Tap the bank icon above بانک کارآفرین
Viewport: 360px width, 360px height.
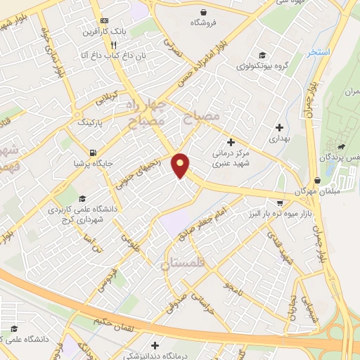pyautogui.click(x=104, y=20)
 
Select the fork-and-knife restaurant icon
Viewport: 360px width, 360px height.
pyautogui.click(x=113, y=44)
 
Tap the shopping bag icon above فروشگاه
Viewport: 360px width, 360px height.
pyautogui.click(x=204, y=12)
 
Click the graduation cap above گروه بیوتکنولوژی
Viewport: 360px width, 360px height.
pyautogui.click(x=262, y=56)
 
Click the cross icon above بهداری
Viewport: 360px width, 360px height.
pyautogui.click(x=280, y=128)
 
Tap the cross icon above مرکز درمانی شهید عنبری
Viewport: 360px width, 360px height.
pyautogui.click(x=231, y=142)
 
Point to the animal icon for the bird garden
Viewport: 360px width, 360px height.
pyautogui.click(x=342, y=147)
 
